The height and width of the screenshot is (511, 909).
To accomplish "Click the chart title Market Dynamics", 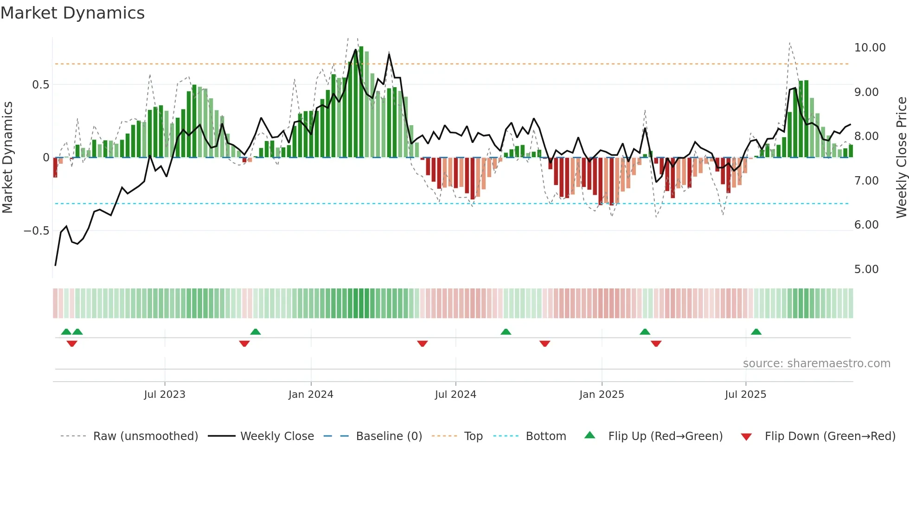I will [72, 13].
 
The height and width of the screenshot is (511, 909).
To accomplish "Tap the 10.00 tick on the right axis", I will [870, 48].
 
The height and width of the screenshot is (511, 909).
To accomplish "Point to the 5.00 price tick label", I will [866, 269].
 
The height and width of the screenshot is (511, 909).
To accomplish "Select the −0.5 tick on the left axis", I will [36, 231].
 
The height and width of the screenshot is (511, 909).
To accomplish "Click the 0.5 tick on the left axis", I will [40, 85].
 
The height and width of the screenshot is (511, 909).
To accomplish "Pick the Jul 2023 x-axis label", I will [164, 395].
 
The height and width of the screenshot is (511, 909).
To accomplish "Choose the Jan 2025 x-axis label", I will [601, 395].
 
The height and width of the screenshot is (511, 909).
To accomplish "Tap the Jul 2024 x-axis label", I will [455, 395].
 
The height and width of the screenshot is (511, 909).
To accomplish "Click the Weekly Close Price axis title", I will [901, 157].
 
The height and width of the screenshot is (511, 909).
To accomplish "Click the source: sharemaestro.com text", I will [816, 364].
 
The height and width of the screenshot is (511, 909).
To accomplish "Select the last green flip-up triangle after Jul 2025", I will [756, 332].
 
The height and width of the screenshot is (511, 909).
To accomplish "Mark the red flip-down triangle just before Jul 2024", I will [422, 344].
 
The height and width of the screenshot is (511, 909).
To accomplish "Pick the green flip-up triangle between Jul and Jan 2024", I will [255, 332].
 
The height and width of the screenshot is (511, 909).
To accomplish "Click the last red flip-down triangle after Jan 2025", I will [656, 344].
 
